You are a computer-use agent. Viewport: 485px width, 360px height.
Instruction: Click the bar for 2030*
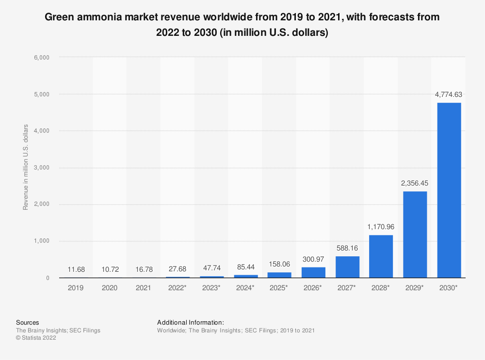(449, 190)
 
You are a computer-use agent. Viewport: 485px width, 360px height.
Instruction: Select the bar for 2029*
(415, 235)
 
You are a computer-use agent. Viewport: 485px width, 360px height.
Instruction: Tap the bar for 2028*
(381, 256)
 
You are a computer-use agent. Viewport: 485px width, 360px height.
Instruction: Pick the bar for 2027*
(347, 267)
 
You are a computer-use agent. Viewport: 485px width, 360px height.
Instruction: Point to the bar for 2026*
(313, 272)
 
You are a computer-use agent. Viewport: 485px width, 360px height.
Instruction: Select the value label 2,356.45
(415, 184)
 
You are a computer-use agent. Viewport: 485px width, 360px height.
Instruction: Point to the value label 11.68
(76, 270)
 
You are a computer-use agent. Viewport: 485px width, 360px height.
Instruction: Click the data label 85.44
(245, 267)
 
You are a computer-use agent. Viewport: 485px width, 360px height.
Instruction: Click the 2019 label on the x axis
(76, 288)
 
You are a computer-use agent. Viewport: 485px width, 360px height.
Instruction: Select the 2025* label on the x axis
(279, 288)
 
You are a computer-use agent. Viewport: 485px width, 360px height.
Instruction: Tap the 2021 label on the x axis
(144, 288)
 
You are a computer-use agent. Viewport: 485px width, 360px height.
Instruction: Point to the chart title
(242, 25)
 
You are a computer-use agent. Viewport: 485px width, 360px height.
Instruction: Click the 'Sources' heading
(28, 322)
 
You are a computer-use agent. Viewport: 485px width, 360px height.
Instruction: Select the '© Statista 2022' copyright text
(36, 338)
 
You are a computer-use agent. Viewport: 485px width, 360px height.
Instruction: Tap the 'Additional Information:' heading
(191, 322)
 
